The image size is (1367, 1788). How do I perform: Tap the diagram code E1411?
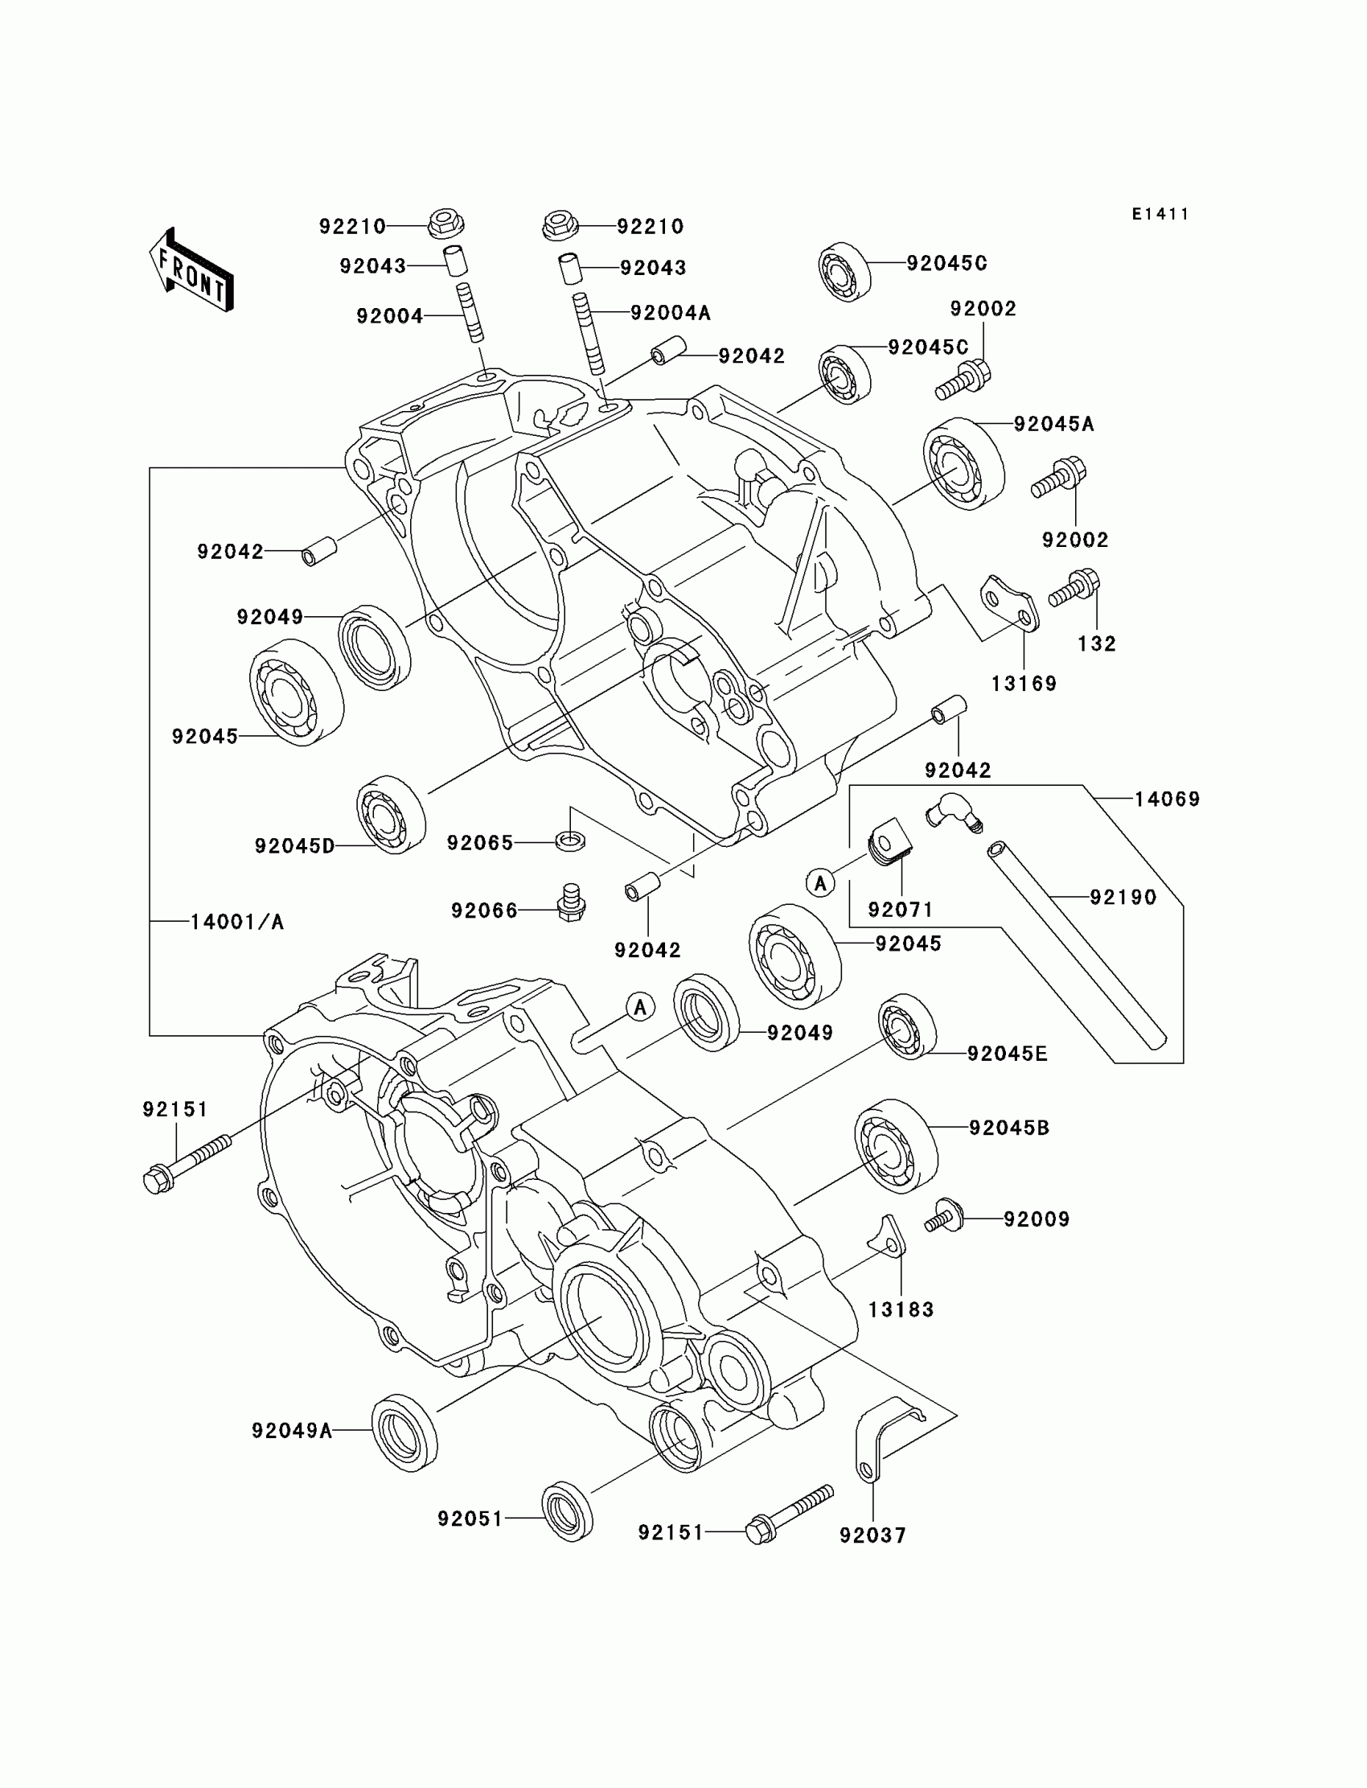(1160, 214)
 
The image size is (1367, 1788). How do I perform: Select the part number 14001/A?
(236, 922)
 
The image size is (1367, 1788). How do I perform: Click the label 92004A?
(671, 313)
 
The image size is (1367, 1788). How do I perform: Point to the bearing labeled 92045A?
(963, 463)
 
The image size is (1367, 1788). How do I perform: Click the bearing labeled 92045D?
(392, 815)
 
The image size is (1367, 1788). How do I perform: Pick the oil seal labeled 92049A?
(404, 1432)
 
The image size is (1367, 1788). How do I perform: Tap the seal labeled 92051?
(567, 1511)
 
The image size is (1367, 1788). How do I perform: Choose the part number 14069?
(1167, 799)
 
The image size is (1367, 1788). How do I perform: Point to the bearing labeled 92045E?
(906, 1027)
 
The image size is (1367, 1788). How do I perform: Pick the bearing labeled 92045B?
(896, 1147)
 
